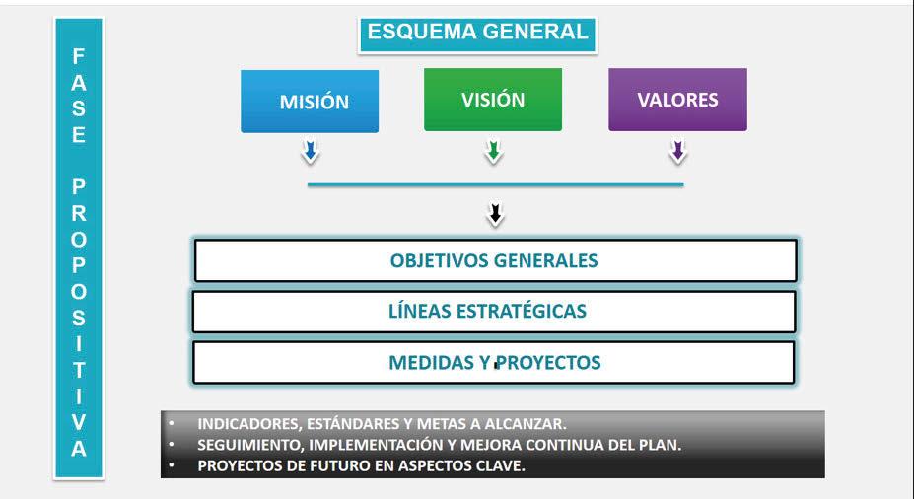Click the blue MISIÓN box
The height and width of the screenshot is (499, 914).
click(x=310, y=101)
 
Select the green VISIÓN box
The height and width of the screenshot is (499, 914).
click(x=493, y=100)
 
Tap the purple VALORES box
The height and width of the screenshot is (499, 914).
click(x=677, y=100)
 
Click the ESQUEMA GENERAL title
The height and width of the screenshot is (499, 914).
click(x=477, y=32)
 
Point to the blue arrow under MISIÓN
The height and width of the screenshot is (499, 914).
click(x=310, y=152)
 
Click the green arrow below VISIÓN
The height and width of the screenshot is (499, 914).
click(x=493, y=152)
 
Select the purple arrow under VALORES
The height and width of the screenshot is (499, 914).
click(x=677, y=152)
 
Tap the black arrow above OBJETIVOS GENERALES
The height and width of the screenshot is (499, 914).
click(x=496, y=214)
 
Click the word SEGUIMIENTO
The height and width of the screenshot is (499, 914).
click(x=243, y=445)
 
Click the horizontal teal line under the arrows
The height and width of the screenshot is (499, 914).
click(x=495, y=184)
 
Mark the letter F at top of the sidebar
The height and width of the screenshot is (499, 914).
click(x=79, y=57)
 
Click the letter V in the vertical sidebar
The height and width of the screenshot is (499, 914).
click(x=79, y=421)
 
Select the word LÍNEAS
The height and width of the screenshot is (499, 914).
click(x=419, y=312)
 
